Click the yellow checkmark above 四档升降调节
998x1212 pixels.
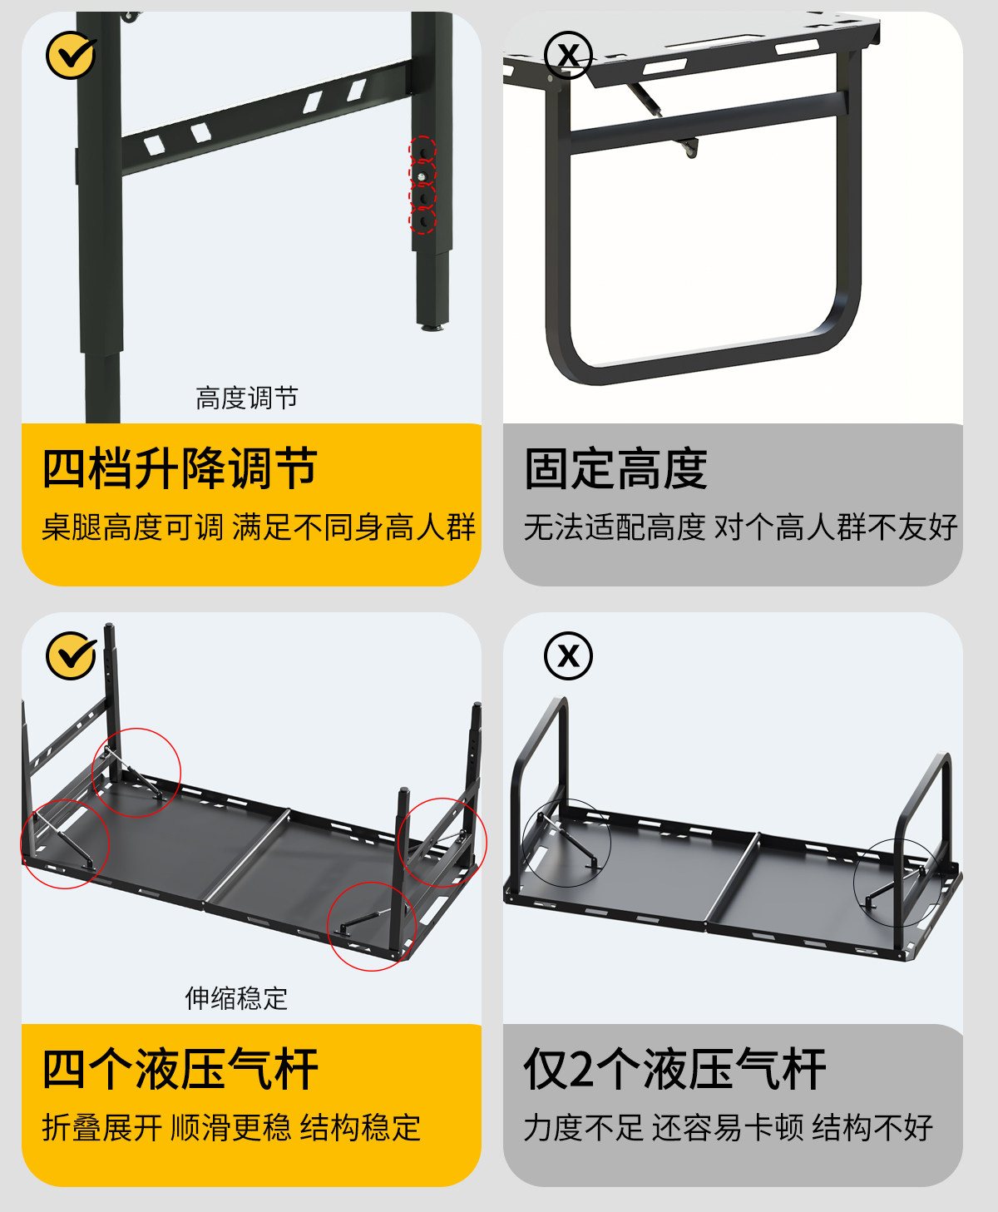tap(71, 56)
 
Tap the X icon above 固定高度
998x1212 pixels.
tap(568, 56)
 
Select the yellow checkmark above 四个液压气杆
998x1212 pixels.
tap(71, 655)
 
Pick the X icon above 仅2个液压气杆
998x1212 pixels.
tap(568, 655)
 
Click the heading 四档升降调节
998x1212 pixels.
tap(180, 468)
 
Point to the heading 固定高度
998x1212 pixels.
tap(615, 468)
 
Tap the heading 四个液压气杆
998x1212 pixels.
tap(180, 1069)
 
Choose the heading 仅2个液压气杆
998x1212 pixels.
tap(674, 1069)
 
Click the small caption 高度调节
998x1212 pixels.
tap(246, 398)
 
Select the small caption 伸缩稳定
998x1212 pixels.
tap(236, 998)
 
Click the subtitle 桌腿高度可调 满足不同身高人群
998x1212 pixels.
tap(258, 527)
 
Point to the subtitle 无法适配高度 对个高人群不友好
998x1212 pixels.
tap(740, 527)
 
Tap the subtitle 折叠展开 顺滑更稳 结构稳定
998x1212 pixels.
tap(231, 1128)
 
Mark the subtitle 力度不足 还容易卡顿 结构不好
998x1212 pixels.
tap(728, 1128)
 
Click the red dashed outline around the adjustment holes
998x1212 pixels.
tap(422, 185)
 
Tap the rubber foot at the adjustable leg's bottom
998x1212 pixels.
tap(431, 327)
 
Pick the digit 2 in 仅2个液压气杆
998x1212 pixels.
tap(584, 1070)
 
